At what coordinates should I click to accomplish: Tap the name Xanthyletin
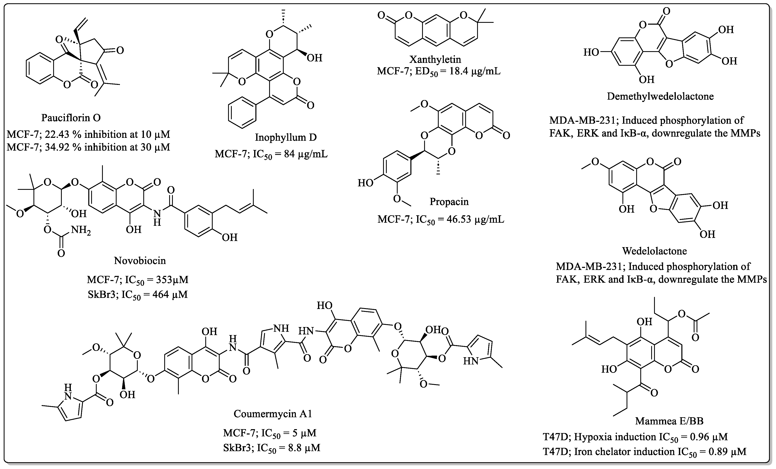point(435,59)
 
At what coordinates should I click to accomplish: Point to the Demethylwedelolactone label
point(660,96)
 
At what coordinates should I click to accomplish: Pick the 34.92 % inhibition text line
point(88,147)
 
